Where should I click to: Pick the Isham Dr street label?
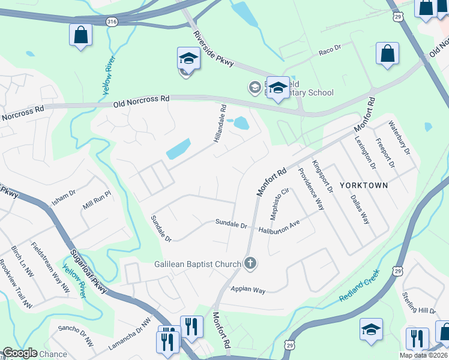click(63, 197)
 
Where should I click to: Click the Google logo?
click(20, 353)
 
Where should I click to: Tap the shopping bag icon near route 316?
click(80, 35)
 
